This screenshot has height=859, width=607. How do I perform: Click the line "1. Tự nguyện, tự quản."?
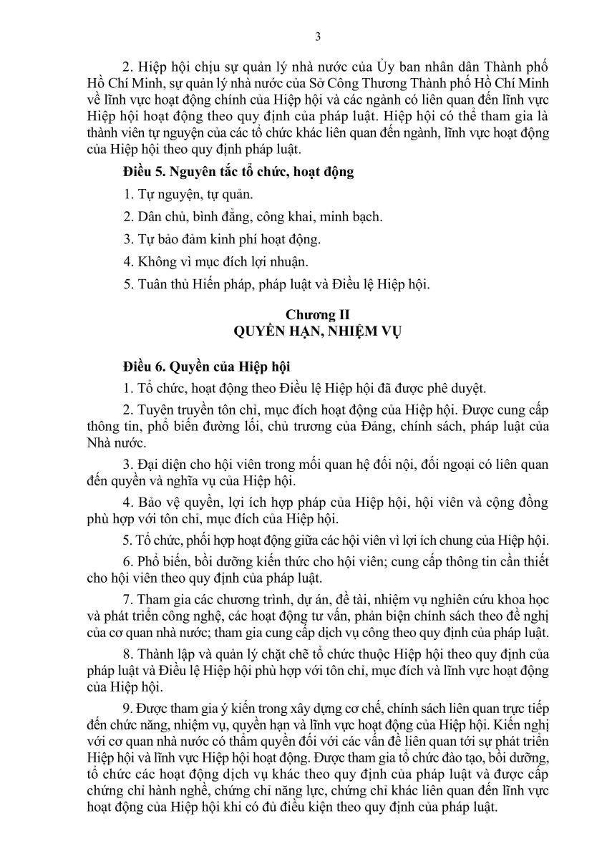pyautogui.click(x=188, y=194)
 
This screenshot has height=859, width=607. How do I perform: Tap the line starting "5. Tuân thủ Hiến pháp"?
pyautogui.click(x=276, y=284)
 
